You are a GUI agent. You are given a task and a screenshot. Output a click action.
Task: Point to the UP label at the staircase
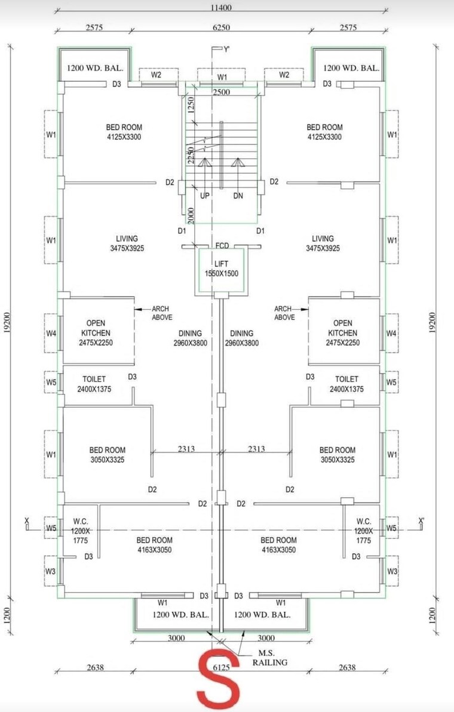[204, 196]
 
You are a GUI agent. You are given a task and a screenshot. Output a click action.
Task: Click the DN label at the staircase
[238, 196]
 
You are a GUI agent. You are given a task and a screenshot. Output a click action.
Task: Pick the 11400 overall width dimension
[221, 7]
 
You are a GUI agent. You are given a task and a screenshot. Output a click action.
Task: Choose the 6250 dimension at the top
[221, 27]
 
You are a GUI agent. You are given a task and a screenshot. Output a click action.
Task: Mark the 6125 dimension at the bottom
[221, 668]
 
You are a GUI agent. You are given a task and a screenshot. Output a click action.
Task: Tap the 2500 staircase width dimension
[221, 91]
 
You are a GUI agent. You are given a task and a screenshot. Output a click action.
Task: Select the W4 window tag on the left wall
[51, 333]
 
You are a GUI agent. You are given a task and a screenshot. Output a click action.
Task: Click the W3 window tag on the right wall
[392, 571]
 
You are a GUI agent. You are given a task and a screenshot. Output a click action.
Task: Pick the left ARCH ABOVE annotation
[161, 313]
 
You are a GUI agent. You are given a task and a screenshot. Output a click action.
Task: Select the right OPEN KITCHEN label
[343, 332]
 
